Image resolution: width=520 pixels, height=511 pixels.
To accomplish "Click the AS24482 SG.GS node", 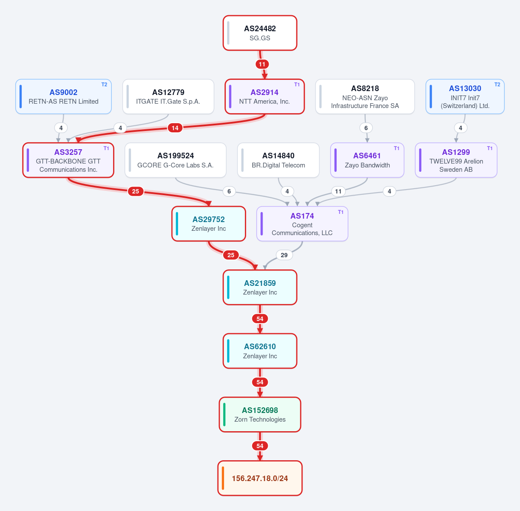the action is [260, 33].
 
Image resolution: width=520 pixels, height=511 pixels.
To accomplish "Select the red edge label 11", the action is [262, 64].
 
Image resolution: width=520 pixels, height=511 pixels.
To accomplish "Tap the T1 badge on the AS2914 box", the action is [297, 85].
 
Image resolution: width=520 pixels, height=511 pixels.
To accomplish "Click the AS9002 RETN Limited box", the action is [63, 96].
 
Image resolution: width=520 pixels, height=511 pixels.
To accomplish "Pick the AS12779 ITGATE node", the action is [168, 96].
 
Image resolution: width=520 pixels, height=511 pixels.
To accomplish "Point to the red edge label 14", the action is [175, 128].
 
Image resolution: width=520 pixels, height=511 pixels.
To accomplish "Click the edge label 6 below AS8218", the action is [366, 128].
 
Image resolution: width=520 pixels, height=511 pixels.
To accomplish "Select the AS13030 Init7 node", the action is [465, 96].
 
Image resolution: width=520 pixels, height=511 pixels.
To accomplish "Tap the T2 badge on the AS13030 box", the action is [497, 85].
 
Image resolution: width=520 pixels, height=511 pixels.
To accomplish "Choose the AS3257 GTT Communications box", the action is [68, 160].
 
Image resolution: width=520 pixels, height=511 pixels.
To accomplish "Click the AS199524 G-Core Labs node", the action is [175, 160].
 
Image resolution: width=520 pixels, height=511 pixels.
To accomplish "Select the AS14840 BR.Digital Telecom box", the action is [278, 160].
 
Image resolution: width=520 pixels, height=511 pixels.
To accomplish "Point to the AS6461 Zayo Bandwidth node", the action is [367, 160].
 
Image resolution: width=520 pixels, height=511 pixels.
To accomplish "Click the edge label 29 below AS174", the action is [284, 255].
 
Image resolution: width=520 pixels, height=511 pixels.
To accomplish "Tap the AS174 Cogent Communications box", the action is [302, 224].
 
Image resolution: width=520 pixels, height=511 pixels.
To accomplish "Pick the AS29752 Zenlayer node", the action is [208, 224].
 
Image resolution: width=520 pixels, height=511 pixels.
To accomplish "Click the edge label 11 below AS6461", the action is [338, 191].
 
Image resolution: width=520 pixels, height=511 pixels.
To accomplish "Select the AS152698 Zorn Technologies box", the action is [260, 415].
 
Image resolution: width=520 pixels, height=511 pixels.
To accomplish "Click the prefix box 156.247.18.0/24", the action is [260, 478].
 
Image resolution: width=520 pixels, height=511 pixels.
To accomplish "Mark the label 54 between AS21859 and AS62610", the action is [260, 319].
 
